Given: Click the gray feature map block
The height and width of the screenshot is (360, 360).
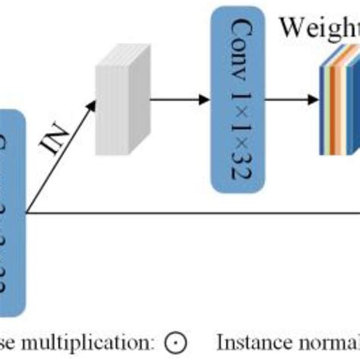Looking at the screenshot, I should click(118, 98).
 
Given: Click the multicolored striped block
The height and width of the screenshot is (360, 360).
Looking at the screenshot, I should click(339, 99).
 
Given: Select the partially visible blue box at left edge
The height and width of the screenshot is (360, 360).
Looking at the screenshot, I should click(12, 213).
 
